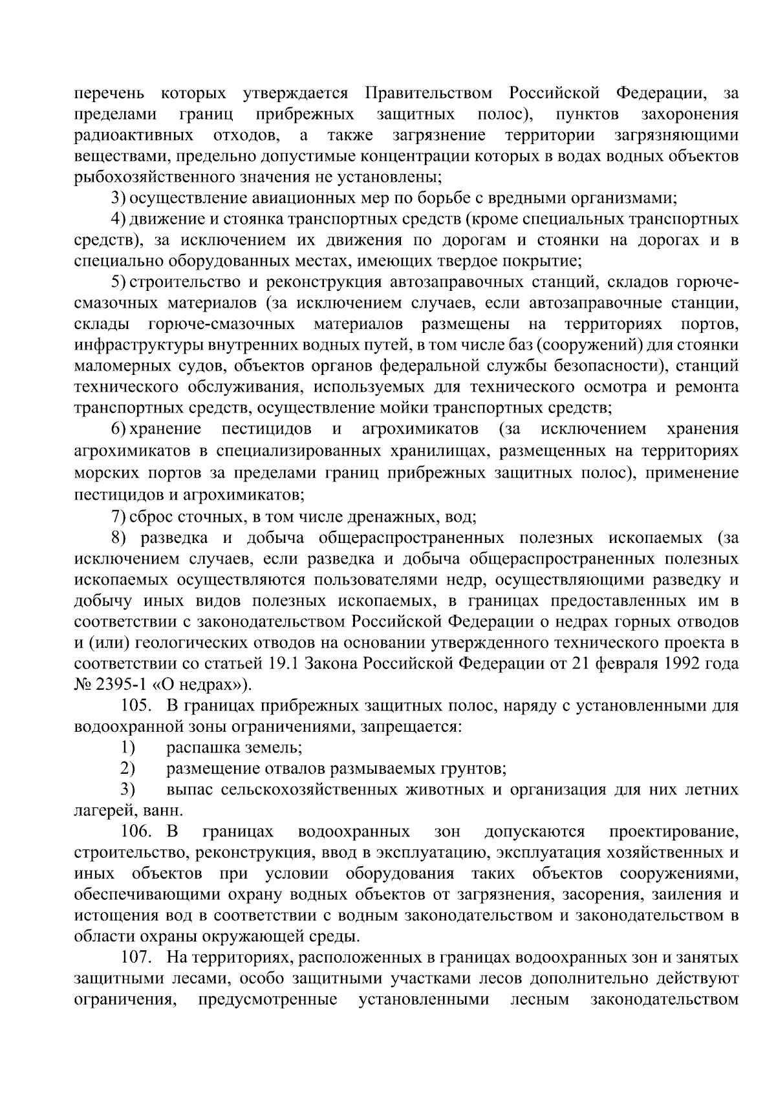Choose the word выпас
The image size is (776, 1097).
(188, 789)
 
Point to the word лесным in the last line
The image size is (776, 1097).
(540, 999)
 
